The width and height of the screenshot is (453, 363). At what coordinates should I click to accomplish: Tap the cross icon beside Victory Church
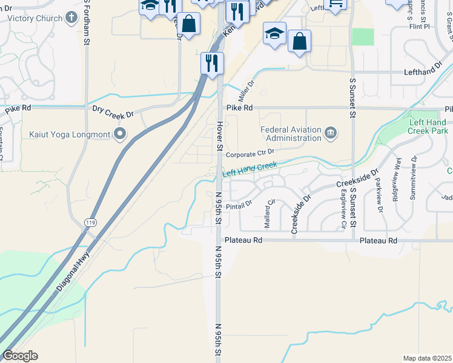(x=72, y=18)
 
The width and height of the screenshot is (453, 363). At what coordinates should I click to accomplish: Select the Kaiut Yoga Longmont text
(x=69, y=134)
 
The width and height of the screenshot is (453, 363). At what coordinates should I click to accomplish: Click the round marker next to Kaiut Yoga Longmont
(x=120, y=134)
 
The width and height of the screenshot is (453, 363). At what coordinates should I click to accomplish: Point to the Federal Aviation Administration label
(x=290, y=134)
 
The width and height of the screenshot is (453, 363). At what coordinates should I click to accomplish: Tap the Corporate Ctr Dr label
(x=250, y=154)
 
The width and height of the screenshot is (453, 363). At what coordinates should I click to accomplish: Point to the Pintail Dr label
(x=238, y=206)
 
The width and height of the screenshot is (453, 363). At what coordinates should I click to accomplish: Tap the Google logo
(x=20, y=356)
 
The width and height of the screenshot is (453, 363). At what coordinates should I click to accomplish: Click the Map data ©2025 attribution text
(x=426, y=358)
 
